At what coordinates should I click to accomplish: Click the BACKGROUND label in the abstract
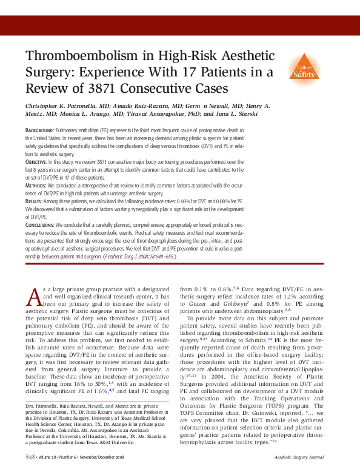[x=39, y=130]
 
